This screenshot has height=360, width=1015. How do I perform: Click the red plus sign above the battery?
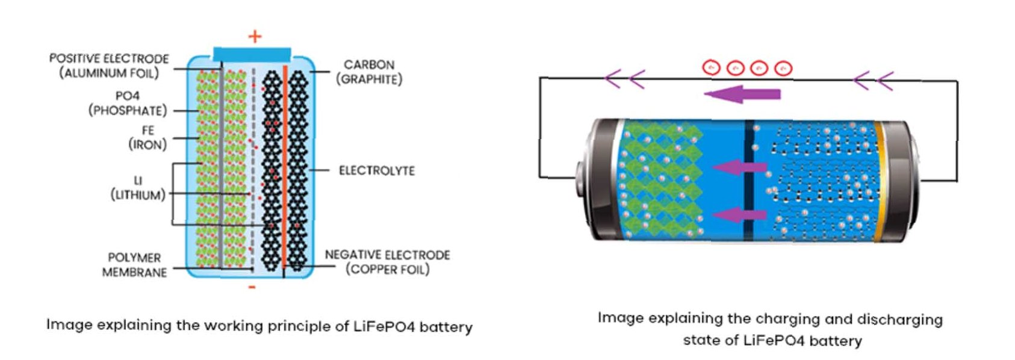click(x=255, y=37)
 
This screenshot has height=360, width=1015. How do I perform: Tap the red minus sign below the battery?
click(x=252, y=287)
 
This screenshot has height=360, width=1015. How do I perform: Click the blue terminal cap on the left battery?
click(x=252, y=54)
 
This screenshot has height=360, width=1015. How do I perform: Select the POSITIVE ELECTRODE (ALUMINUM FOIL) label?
click(x=109, y=66)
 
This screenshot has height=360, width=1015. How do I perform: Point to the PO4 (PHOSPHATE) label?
click(x=128, y=104)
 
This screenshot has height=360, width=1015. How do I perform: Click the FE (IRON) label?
click(x=147, y=138)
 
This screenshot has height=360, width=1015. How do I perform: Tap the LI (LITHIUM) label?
click(x=138, y=188)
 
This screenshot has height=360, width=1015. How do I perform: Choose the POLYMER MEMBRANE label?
click(x=134, y=265)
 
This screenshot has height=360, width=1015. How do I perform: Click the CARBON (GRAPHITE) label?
click(x=369, y=72)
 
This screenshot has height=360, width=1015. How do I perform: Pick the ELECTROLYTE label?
click(x=377, y=171)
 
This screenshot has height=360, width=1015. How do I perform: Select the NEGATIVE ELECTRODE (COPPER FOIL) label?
click(x=387, y=262)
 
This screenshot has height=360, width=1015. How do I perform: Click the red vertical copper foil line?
click(x=284, y=169)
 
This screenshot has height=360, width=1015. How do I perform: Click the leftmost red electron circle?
click(x=712, y=68)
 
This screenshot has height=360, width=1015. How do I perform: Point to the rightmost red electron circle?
click(x=783, y=69)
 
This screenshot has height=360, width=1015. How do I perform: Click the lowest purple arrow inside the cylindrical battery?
click(x=739, y=214)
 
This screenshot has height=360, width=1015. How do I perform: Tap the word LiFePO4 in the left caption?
click(x=383, y=327)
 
